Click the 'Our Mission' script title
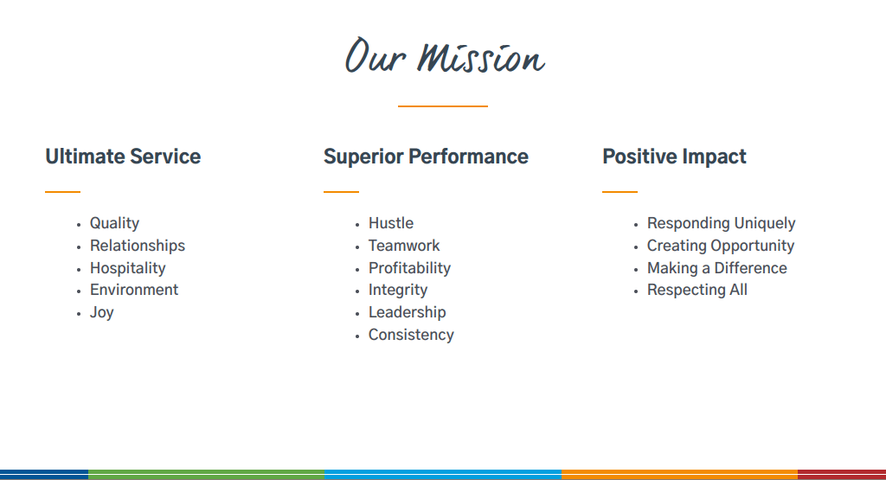445,56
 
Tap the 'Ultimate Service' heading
123,157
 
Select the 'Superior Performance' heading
426,157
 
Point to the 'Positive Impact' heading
674,157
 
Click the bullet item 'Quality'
115,224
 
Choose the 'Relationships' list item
138,246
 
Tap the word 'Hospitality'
128,268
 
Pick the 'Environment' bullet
134,290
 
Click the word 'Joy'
102,313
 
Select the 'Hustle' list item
391,223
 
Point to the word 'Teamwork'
404,246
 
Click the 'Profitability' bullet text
409,268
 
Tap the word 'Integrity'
398,291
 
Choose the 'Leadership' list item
407,312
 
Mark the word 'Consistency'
411,335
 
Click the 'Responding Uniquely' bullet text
721,224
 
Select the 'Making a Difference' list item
717,268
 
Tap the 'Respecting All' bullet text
697,291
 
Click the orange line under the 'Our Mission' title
442,106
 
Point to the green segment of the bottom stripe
206,474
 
